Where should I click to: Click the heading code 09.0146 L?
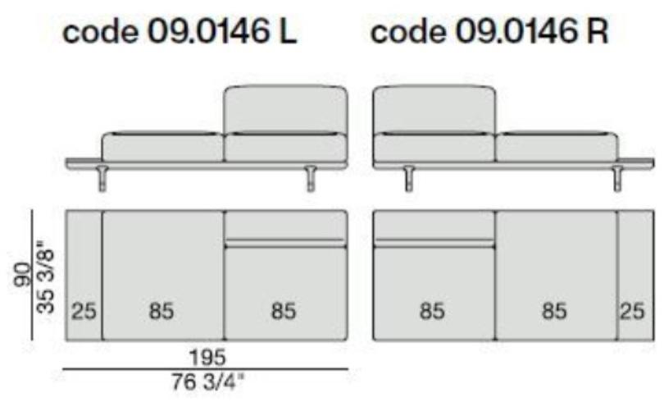pos(180,32)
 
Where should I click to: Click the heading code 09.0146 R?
pos(489,32)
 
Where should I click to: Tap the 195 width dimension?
pos(207,357)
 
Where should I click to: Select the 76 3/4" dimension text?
pos(207,381)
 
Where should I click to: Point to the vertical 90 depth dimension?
pos(21,275)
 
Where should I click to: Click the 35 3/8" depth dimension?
pos(46,277)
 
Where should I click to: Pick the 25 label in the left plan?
pos(84,312)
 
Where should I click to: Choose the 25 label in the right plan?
pos(632,312)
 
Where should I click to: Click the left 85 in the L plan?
pos(161,312)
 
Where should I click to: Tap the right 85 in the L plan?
pos(284,312)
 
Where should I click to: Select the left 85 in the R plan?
pos(432,312)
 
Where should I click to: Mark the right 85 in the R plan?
pos(554,312)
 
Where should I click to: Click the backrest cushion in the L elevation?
pos(286,110)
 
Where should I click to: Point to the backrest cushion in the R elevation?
pos(434,110)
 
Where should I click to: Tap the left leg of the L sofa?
pos(102,178)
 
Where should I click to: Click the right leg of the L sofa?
pos(312,178)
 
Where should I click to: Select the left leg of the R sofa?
pos(409,178)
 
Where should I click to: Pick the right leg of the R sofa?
pos(618,178)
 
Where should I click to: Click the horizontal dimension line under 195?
pos(206,369)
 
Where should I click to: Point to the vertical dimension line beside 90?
pos(33,275)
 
